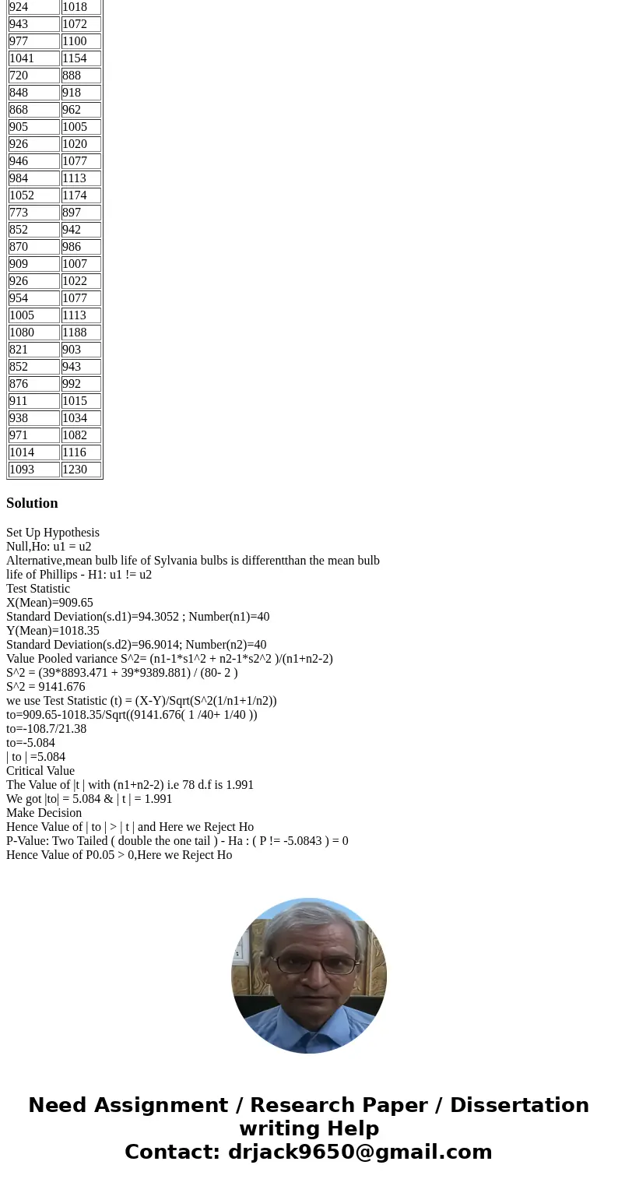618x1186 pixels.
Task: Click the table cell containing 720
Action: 33,76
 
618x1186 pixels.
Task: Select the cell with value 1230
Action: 81,470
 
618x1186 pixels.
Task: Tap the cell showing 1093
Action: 33,470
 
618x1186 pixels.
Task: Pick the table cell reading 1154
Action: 81,58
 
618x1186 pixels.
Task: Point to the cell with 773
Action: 33,213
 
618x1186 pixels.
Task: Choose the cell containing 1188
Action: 81,333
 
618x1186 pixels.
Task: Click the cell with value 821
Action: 33,350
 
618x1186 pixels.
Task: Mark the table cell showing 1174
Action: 81,195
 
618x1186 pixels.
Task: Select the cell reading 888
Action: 81,76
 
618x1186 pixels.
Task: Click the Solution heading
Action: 32,503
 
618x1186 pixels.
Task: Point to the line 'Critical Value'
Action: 40,771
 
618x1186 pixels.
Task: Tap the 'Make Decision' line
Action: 44,813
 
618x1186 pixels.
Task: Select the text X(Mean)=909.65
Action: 50,603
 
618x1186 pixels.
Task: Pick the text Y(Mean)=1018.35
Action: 53,631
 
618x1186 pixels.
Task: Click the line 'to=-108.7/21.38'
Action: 47,729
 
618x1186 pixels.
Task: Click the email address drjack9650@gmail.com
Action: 360,1152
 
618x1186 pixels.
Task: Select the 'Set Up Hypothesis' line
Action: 53,533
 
